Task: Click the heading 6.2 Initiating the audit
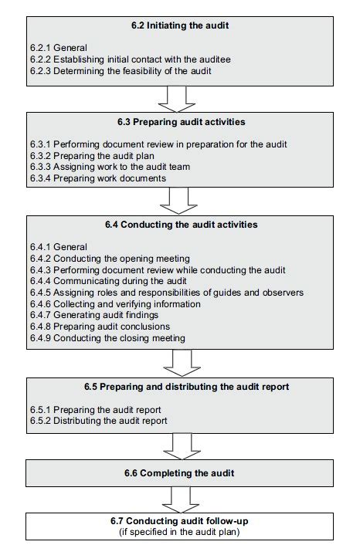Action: pyautogui.click(x=180, y=25)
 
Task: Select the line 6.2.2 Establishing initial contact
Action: pyautogui.click(x=130, y=59)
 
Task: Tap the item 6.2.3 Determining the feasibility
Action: pyautogui.click(x=121, y=71)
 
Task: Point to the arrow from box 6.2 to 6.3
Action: pyautogui.click(x=177, y=99)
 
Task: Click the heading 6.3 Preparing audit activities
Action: pyautogui.click(x=182, y=122)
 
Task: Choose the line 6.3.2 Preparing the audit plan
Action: pyautogui.click(x=92, y=156)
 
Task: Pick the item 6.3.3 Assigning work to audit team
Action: pyautogui.click(x=110, y=167)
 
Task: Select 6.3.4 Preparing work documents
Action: pyautogui.click(x=98, y=178)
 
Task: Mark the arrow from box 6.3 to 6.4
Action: pyautogui.click(x=178, y=201)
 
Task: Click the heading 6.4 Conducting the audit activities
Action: pyautogui.click(x=182, y=225)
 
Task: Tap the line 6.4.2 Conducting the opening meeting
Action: pyautogui.click(x=110, y=259)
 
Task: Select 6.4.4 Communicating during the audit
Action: pyautogui.click(x=108, y=281)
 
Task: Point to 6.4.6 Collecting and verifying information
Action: pyautogui.click(x=115, y=304)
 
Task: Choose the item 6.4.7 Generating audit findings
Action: pyautogui.click(x=94, y=315)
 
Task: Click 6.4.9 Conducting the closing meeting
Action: pyautogui.click(x=107, y=338)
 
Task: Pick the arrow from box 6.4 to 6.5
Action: pyautogui.click(x=182, y=363)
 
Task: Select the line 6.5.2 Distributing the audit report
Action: pyautogui.click(x=98, y=421)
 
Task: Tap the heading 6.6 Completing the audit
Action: pyautogui.click(x=179, y=473)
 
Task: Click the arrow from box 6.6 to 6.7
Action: pyautogui.click(x=181, y=499)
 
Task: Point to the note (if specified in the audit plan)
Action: pyautogui.click(x=179, y=532)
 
